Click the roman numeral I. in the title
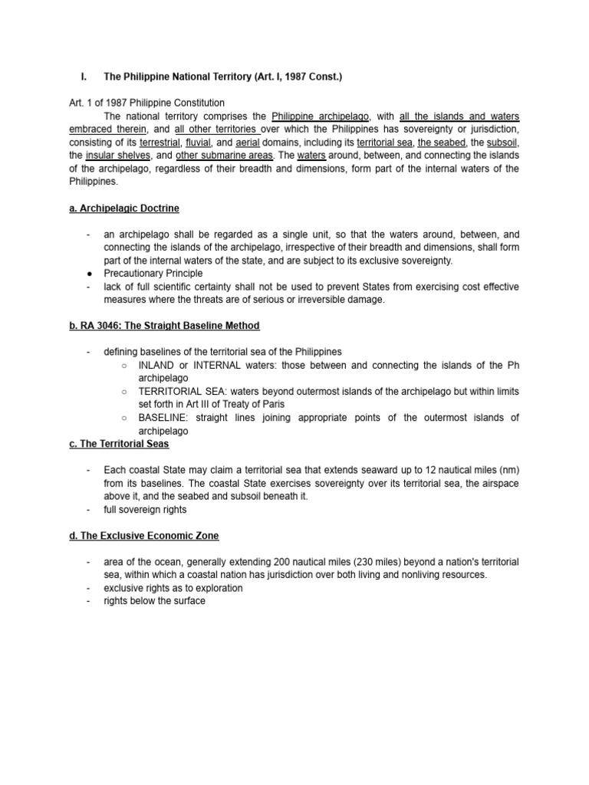pos(84,78)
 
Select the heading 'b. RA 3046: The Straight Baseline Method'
pos(164,326)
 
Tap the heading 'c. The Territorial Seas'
pos(119,444)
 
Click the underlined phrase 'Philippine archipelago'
pos(321,117)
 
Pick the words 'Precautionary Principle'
pos(154,274)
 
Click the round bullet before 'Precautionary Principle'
pos(90,274)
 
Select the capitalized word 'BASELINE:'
pos(163,418)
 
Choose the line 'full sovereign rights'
pos(146,509)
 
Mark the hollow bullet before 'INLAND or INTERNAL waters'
pos(123,366)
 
